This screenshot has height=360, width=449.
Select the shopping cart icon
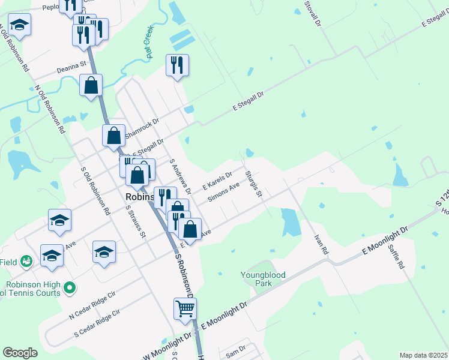[185, 308]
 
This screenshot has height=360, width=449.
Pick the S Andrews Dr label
[180, 176]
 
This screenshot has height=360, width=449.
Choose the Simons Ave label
[223, 193]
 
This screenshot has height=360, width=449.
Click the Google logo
[20, 352]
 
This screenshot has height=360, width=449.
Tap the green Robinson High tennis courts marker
[70, 289]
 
